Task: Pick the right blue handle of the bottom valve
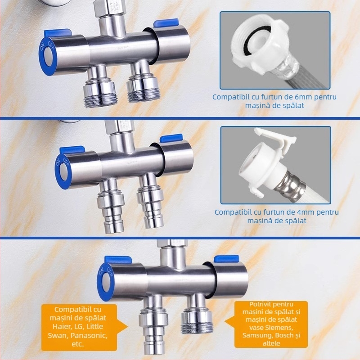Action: [226, 259]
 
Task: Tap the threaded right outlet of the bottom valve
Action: [197, 314]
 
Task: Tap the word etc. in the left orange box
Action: [77, 344]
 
